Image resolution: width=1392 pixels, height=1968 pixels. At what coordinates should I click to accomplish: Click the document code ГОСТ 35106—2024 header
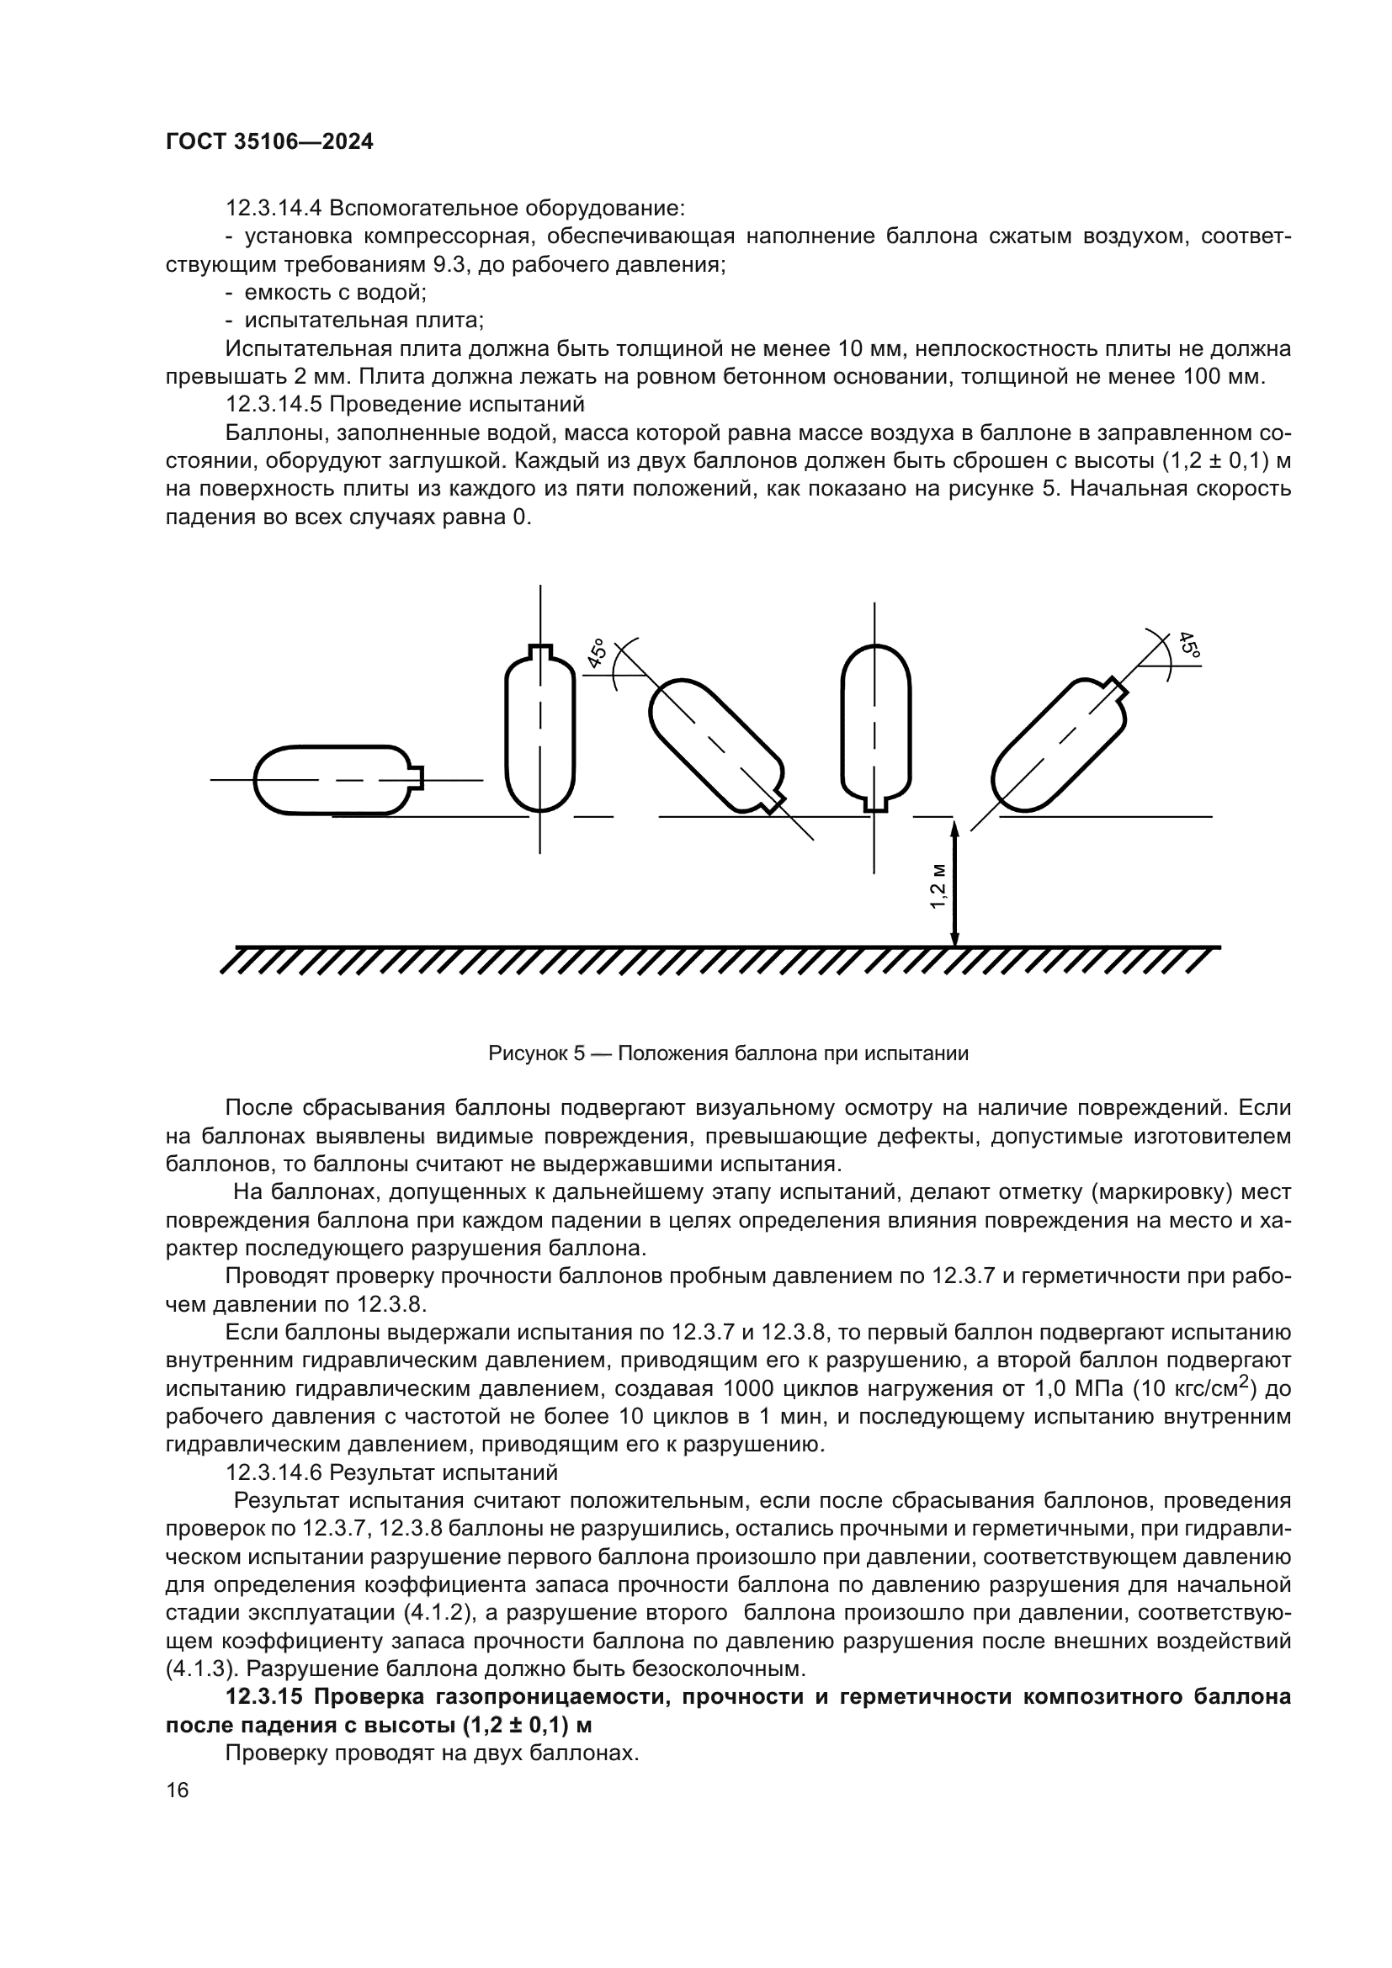269,142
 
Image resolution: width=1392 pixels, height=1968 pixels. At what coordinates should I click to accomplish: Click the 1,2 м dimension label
938,884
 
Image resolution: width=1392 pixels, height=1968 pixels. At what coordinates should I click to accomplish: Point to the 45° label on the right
1189,645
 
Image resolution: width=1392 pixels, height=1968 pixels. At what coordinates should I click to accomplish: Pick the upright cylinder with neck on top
540,729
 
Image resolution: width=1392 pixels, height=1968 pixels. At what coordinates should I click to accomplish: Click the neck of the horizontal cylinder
417,778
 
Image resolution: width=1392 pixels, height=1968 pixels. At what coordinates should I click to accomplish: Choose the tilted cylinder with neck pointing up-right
1059,744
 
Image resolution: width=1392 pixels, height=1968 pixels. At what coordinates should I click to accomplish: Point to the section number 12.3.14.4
274,209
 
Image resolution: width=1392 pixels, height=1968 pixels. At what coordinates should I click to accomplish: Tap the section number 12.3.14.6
274,1472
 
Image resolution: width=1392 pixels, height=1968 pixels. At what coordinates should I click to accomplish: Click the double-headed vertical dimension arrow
955,883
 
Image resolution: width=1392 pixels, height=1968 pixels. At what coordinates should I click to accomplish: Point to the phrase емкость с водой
335,292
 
